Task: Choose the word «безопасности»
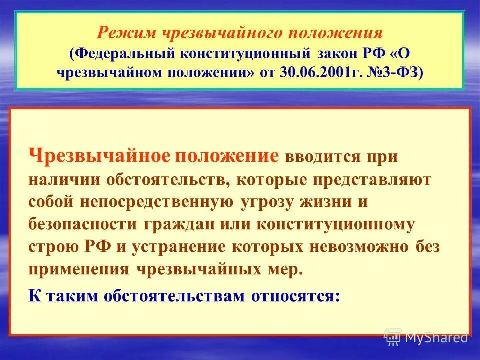(x=83, y=225)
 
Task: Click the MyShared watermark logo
(x=426, y=337)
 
